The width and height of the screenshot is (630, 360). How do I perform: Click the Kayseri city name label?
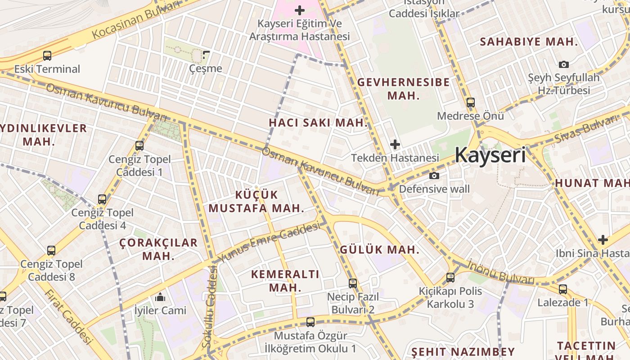click(490, 155)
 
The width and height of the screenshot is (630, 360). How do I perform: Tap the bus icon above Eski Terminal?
click(47, 56)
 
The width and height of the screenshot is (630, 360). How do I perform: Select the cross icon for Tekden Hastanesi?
click(395, 144)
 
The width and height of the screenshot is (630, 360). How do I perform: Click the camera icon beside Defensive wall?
click(434, 175)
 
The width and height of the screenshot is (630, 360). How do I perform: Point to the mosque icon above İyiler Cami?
click(160, 297)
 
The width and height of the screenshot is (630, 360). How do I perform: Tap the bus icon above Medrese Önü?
click(470, 103)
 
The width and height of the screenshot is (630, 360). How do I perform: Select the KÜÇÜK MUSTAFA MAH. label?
click(256, 201)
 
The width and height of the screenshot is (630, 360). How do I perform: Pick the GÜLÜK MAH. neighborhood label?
click(379, 250)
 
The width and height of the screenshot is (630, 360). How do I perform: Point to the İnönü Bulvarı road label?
click(500, 272)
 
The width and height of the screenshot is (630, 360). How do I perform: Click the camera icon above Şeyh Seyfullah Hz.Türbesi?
click(563, 65)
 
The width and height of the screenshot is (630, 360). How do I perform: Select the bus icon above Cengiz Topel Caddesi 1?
click(139, 146)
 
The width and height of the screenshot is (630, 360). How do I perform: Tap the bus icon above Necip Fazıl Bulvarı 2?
click(353, 283)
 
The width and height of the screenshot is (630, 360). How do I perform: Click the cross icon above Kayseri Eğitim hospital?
click(300, 10)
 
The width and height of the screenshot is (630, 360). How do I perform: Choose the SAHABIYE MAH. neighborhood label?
click(529, 42)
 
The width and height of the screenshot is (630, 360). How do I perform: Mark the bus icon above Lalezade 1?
click(562, 289)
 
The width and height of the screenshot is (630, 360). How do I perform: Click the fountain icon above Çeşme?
click(206, 55)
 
